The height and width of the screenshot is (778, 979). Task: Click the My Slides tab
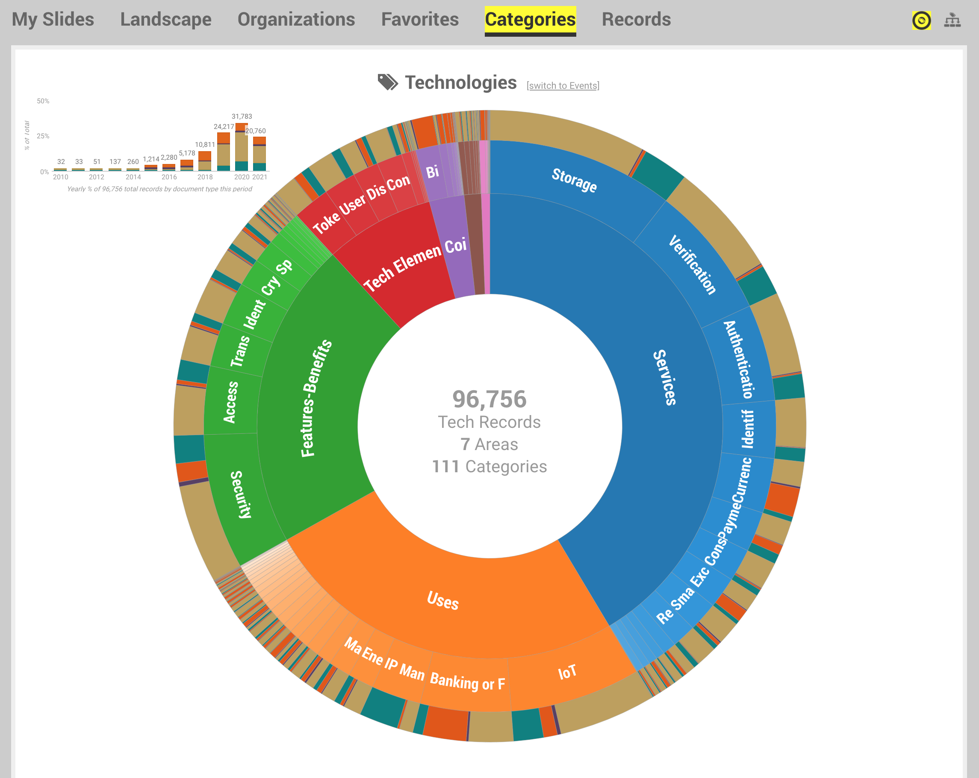(x=53, y=20)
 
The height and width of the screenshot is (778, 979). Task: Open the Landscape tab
(x=166, y=20)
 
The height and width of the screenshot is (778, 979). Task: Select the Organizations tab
(x=296, y=20)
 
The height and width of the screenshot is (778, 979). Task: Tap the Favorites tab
(x=420, y=20)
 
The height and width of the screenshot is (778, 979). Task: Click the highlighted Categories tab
(x=530, y=20)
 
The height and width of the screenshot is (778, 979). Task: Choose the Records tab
(x=636, y=20)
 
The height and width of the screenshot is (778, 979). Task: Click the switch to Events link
(x=563, y=85)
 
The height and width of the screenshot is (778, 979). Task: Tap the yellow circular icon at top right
(x=921, y=20)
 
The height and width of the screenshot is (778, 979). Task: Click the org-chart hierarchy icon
(x=952, y=20)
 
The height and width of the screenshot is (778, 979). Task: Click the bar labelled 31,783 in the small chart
(x=242, y=147)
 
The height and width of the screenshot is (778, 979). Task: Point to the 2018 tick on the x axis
(x=205, y=177)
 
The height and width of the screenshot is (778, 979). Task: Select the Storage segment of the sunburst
(x=574, y=180)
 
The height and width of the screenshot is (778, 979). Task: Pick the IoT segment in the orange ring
(x=567, y=672)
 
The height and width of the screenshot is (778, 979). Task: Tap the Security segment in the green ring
(x=241, y=494)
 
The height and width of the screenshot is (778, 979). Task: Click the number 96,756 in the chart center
(x=489, y=399)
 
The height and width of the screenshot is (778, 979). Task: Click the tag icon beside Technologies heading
(x=387, y=82)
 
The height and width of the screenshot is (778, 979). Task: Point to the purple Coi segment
(x=455, y=246)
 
